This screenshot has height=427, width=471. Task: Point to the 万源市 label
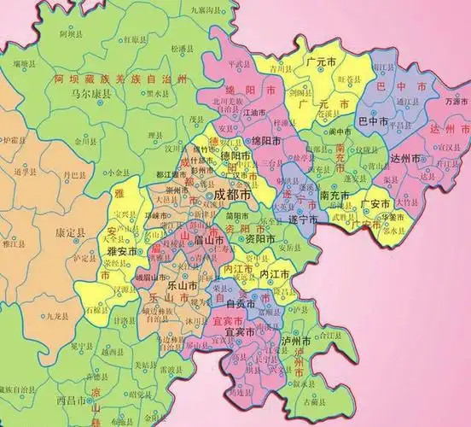click(x=456, y=102)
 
